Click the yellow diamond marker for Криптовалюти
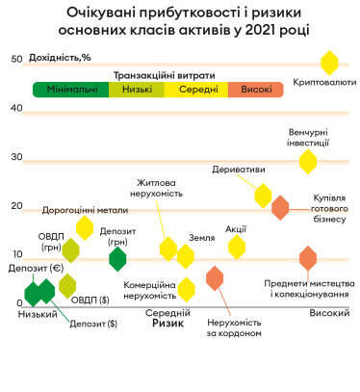329,64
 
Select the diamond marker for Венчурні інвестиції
308,161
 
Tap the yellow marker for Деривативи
264,196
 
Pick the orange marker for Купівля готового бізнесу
280,207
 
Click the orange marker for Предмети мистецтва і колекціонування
308,258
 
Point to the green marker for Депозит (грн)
117,258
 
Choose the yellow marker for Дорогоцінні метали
85,227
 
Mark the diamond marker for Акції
236,247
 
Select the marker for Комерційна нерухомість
186,289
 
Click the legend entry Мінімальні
65,90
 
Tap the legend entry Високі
256,90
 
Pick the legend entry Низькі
129,90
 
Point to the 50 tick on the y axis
16,59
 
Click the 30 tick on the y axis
16,157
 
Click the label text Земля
201,237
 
